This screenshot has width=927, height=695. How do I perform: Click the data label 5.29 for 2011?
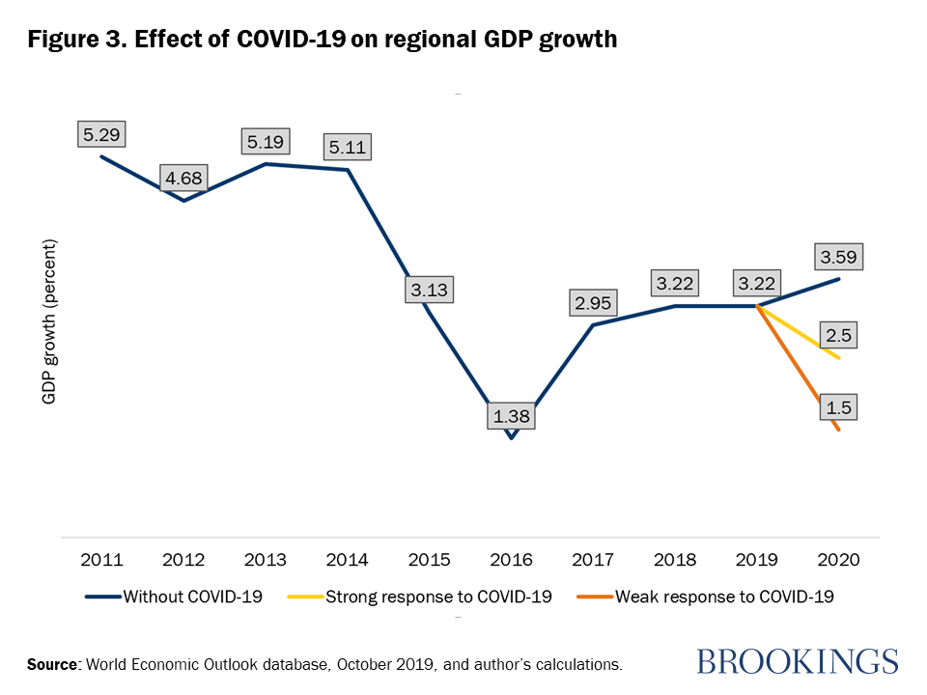coord(102,134)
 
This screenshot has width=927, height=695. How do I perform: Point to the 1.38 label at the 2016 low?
coord(511,417)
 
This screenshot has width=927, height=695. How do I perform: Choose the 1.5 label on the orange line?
coord(836,407)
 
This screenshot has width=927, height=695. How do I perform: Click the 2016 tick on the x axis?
coord(511,560)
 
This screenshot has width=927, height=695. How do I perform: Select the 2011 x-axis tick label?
coord(102,560)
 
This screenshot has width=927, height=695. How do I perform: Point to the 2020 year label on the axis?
coord(837,560)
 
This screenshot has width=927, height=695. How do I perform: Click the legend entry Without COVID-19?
coord(190,597)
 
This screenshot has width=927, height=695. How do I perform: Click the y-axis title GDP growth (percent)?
coord(49,320)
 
